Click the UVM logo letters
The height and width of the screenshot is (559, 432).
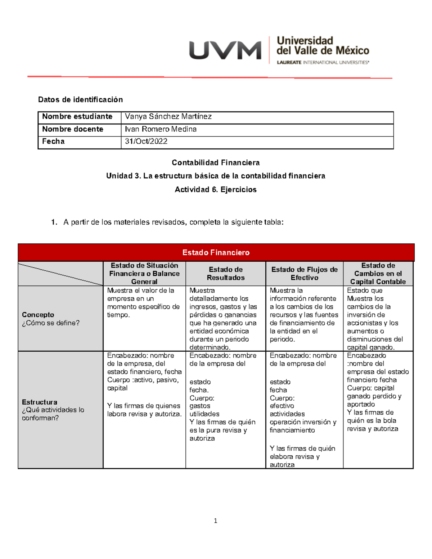click(x=225, y=50)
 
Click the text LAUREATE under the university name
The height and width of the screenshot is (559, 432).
click(x=289, y=63)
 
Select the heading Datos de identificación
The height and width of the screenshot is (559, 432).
click(x=80, y=100)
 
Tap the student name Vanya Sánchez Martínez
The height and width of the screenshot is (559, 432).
click(x=168, y=117)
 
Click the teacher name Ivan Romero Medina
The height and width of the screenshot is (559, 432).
click(x=161, y=129)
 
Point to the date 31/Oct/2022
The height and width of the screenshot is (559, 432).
click(x=146, y=141)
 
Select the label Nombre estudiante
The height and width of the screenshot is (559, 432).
click(x=77, y=117)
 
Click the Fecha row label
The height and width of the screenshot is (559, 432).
click(x=53, y=141)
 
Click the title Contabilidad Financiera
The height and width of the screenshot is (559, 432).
click(x=216, y=163)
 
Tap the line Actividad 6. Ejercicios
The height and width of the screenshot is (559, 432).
click(x=216, y=190)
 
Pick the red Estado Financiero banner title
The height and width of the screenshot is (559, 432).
click(x=216, y=253)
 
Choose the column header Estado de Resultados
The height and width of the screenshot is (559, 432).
click(x=226, y=274)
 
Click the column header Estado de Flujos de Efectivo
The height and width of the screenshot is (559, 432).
click(x=304, y=274)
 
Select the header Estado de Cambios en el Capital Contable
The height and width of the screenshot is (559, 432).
click(x=378, y=274)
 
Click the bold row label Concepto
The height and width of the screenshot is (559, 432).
click(x=38, y=315)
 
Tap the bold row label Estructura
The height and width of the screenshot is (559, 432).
click(x=39, y=402)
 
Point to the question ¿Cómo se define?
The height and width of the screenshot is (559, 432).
click(x=51, y=323)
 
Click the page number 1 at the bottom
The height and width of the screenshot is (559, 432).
click(x=215, y=521)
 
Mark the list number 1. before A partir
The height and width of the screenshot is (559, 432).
click(x=54, y=222)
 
